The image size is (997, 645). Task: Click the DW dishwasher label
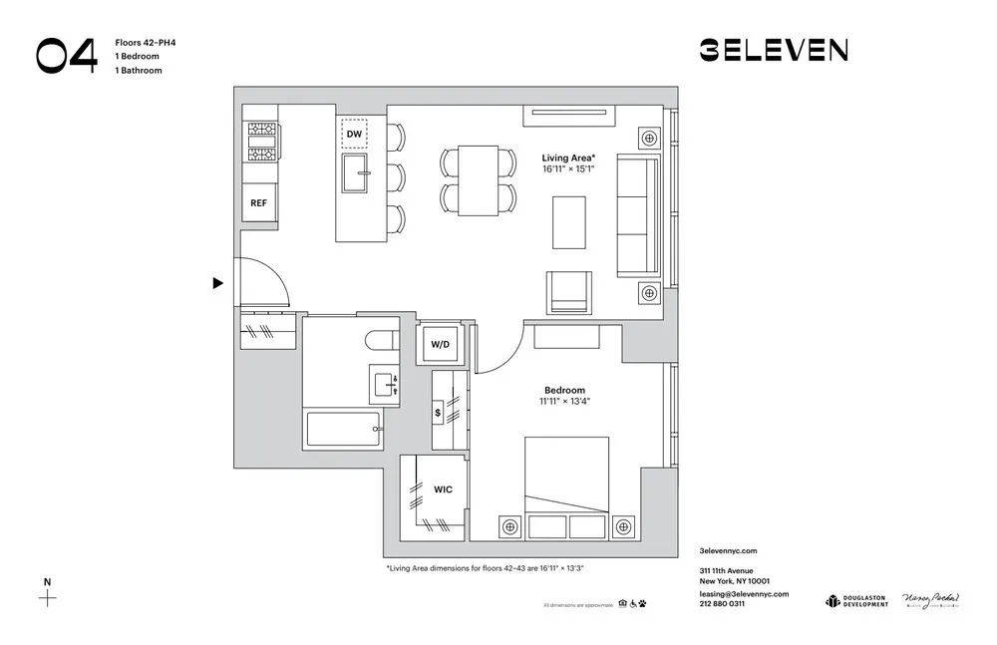(354, 134)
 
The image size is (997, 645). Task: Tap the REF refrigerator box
(258, 202)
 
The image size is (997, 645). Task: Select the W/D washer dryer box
(440, 345)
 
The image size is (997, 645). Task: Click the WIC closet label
(443, 489)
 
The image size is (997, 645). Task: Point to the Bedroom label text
(564, 391)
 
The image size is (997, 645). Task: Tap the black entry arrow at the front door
(217, 284)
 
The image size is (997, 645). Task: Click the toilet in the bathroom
(380, 340)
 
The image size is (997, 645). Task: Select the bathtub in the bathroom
(343, 430)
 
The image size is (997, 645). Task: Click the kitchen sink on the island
(356, 173)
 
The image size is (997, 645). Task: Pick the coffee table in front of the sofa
(570, 222)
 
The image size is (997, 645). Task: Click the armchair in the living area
(568, 292)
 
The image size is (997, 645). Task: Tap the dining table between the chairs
(480, 179)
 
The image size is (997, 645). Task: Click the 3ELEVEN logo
(774, 50)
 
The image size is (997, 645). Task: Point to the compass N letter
(46, 581)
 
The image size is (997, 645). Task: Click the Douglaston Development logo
(856, 601)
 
